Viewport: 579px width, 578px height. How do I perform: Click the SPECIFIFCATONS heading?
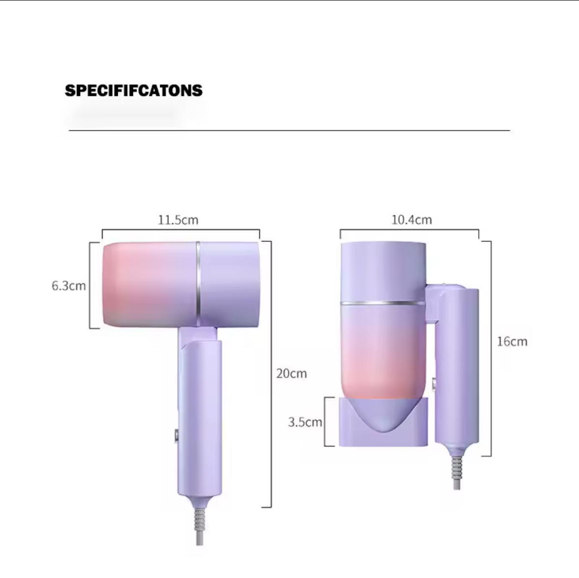tap(134, 90)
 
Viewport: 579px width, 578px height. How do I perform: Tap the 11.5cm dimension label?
tap(178, 220)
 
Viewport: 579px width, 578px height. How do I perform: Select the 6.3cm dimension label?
tap(69, 286)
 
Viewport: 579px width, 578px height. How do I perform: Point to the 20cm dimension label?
tap(292, 373)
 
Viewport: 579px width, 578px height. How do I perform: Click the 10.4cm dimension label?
tap(412, 220)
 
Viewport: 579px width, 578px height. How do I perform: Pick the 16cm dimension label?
tap(512, 341)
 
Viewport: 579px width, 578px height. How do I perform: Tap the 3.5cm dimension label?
tap(305, 422)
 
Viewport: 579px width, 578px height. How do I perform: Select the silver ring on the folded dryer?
tap(383, 303)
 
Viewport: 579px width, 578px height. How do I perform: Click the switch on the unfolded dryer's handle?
tap(176, 435)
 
